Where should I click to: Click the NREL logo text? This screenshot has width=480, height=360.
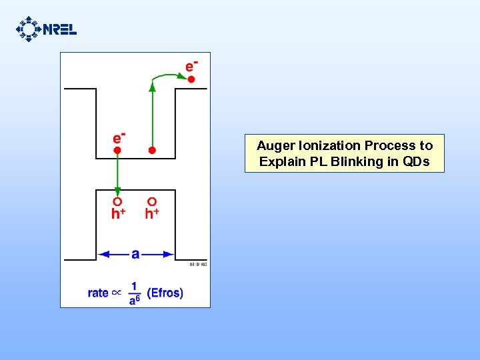click(60, 29)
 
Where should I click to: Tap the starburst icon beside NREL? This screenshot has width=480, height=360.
click(28, 29)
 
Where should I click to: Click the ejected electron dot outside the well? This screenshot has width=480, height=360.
click(191, 80)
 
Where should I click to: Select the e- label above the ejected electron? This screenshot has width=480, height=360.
click(191, 65)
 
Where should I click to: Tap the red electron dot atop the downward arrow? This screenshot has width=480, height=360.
click(117, 151)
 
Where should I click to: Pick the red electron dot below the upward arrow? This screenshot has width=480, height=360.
click(152, 151)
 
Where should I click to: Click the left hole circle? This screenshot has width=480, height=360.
click(117, 201)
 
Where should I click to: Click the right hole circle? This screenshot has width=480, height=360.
click(152, 201)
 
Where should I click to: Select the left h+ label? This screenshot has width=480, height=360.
click(119, 213)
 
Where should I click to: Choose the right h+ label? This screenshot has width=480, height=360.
click(152, 213)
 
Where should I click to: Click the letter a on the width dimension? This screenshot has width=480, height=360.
click(136, 254)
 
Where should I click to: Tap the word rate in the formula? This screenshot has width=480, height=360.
click(98, 293)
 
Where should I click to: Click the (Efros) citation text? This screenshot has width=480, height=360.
click(165, 293)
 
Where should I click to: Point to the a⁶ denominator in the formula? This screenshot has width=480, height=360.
click(135, 300)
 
